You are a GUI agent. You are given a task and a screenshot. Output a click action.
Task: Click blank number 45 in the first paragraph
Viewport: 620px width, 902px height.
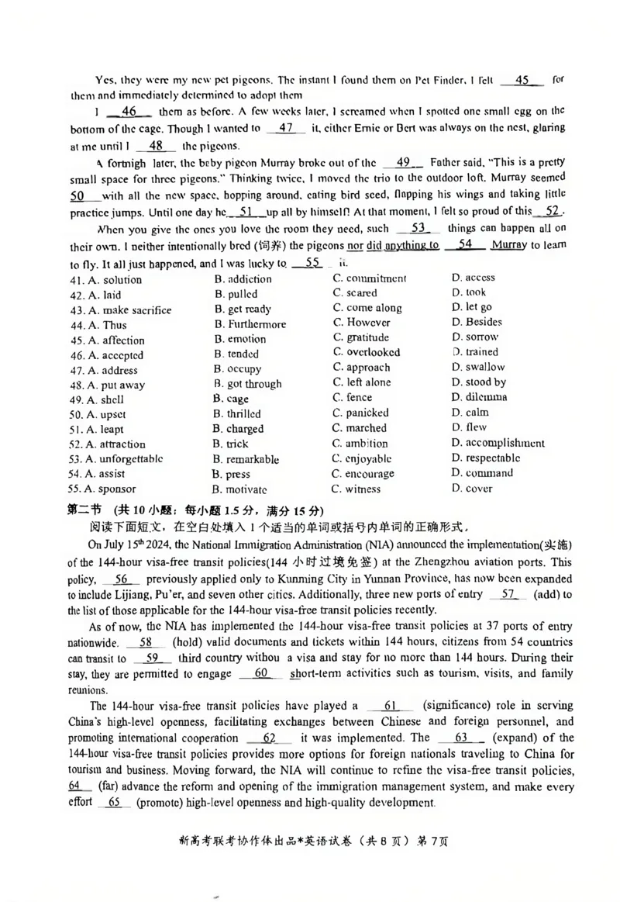click(522, 80)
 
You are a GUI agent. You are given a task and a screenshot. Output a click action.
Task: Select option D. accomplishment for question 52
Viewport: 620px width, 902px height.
click(498, 443)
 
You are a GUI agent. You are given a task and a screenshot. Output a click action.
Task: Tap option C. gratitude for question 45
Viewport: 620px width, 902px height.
click(361, 337)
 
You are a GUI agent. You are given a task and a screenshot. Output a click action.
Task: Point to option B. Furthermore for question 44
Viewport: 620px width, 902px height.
click(250, 324)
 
